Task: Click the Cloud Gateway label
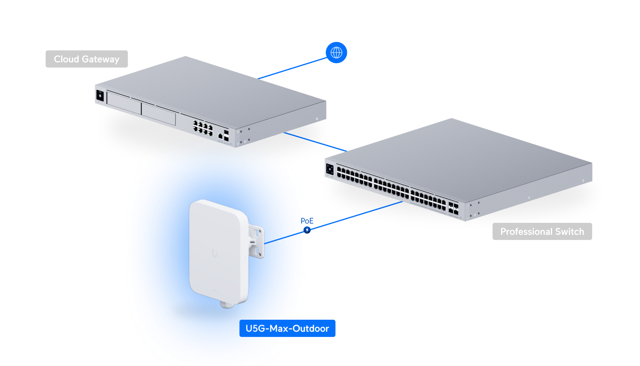coord(87,59)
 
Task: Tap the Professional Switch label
coord(542,231)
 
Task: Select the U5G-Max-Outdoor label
coord(287,328)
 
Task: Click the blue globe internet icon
coord(336,53)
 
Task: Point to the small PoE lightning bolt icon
coord(307,230)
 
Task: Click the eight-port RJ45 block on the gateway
coord(203,128)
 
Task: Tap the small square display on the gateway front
coord(100,96)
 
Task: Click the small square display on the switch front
coord(330,169)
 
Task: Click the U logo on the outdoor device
coord(215,253)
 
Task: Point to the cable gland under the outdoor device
coord(227,305)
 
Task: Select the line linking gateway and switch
coord(315,142)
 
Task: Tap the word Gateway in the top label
coord(100,59)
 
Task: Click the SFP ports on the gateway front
coord(226,135)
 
